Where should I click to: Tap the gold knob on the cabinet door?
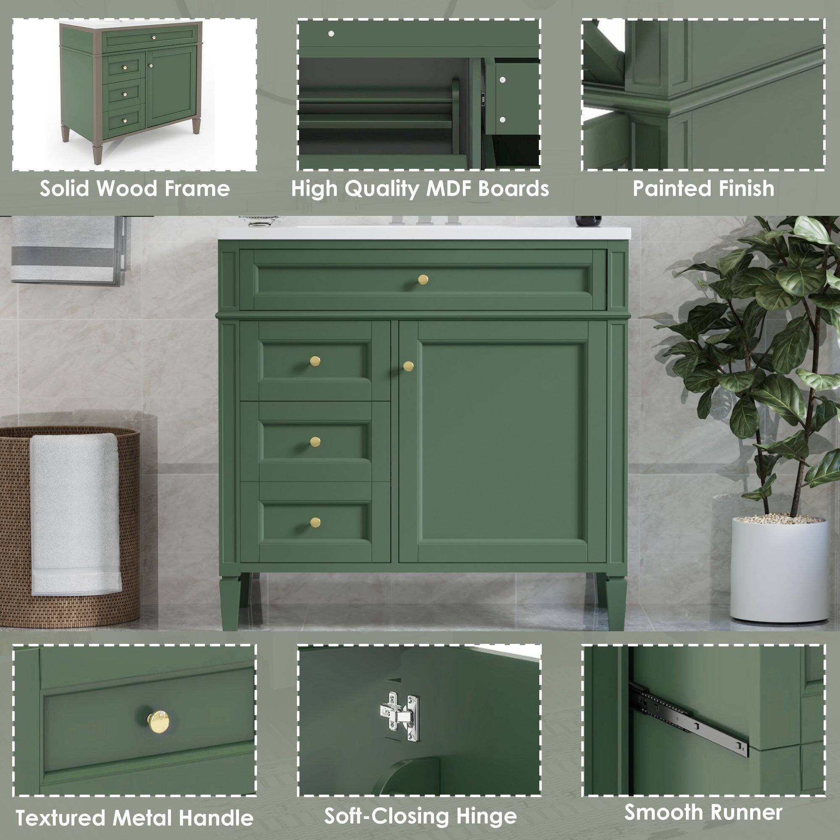pyautogui.click(x=408, y=366)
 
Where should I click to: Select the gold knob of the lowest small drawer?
pyautogui.click(x=315, y=522)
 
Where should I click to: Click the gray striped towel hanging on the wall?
pyautogui.click(x=65, y=250)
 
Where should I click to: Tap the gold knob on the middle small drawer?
pyautogui.click(x=315, y=441)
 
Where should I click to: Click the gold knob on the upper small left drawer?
pyautogui.click(x=315, y=361)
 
